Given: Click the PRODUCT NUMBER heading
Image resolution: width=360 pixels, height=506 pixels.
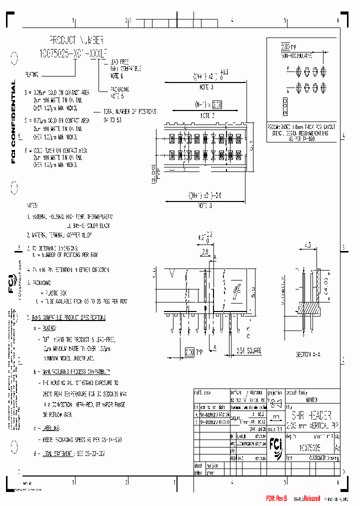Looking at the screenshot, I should pyautogui.click(x=76, y=39).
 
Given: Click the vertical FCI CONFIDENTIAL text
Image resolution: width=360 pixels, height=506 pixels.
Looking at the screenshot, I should pyautogui.click(x=13, y=122).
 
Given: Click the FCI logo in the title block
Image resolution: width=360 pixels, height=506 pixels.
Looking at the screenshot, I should pyautogui.click(x=274, y=442).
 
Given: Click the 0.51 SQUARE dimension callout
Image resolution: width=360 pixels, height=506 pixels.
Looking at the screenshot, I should pyautogui.click(x=249, y=350).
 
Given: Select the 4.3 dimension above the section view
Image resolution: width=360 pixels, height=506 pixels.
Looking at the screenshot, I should pyautogui.click(x=307, y=245).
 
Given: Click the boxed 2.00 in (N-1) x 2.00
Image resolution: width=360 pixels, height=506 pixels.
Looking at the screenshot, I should pyautogui.click(x=216, y=105).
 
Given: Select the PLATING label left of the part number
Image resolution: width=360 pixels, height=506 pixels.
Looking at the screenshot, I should pyautogui.click(x=31, y=74).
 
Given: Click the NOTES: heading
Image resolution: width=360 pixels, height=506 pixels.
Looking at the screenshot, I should pyautogui.click(x=32, y=205).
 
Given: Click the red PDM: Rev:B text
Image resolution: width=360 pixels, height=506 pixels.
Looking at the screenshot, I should pyautogui.click(x=277, y=498).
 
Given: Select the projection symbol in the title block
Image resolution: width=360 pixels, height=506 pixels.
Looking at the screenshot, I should pyautogui.click(x=275, y=403).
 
